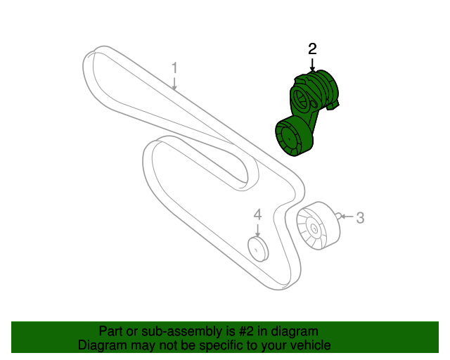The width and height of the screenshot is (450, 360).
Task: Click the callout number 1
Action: coord(175,68)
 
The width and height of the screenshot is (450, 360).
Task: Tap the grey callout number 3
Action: coord(360,218)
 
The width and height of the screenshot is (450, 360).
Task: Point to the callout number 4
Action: coord(257,214)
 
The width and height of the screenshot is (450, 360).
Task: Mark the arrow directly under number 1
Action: coord(175,84)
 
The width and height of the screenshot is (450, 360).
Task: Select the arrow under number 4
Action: coord(257,230)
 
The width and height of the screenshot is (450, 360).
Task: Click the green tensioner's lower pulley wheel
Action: coord(291,138)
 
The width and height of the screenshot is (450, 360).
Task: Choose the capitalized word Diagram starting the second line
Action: coord(101,346)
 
